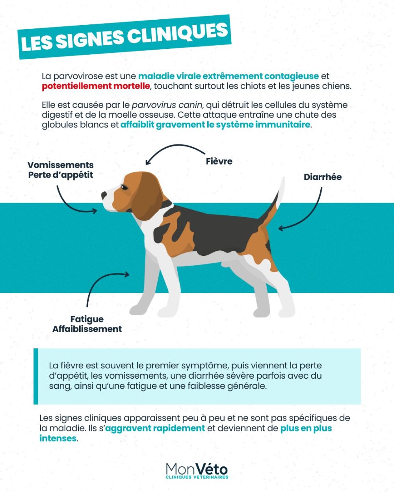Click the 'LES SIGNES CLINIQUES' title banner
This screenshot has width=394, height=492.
[x=125, y=37]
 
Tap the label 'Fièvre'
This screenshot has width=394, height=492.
[x=219, y=161]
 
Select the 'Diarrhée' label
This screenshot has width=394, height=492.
[x=323, y=177]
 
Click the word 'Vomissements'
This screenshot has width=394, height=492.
[x=60, y=165]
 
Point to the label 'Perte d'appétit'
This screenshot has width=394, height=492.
[x=60, y=175]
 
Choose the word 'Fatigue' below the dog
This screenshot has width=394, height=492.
[x=87, y=319]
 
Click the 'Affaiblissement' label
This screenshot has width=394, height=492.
[x=87, y=329]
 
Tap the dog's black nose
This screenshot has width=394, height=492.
[x=104, y=195]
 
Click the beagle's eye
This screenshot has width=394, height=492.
[x=125, y=187]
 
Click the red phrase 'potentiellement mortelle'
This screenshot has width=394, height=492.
[x=96, y=86]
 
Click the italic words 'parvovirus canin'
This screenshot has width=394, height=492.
[x=167, y=105]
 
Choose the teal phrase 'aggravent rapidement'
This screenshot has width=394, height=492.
[x=155, y=428]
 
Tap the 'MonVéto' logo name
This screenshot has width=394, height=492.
[x=197, y=470]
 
